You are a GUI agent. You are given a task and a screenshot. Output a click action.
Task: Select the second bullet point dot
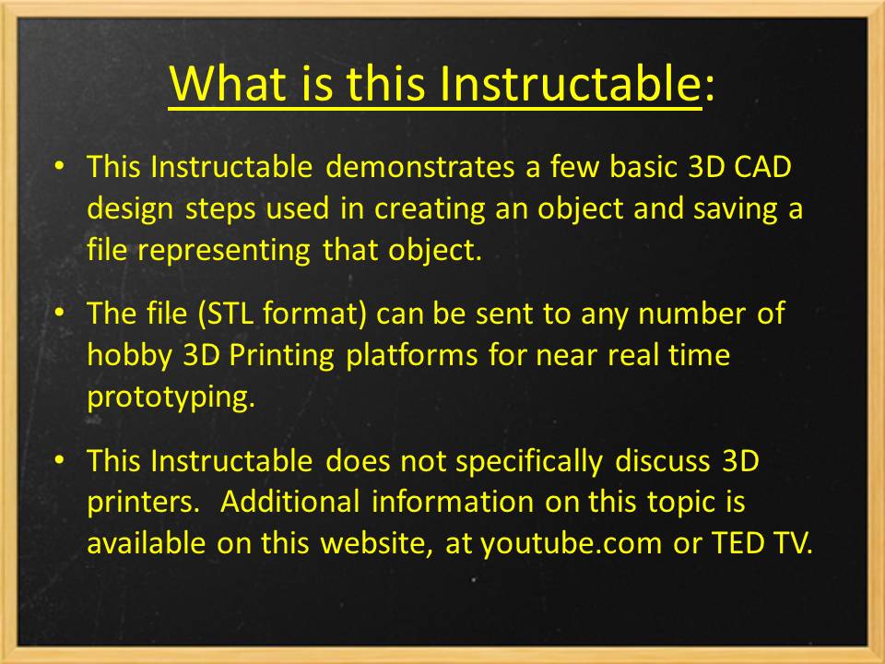[60, 314]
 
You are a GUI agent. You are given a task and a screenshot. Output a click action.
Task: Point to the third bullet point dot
[60, 459]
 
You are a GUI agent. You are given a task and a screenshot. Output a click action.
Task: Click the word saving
[734, 209]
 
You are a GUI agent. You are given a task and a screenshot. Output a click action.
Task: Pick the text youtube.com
[570, 543]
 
